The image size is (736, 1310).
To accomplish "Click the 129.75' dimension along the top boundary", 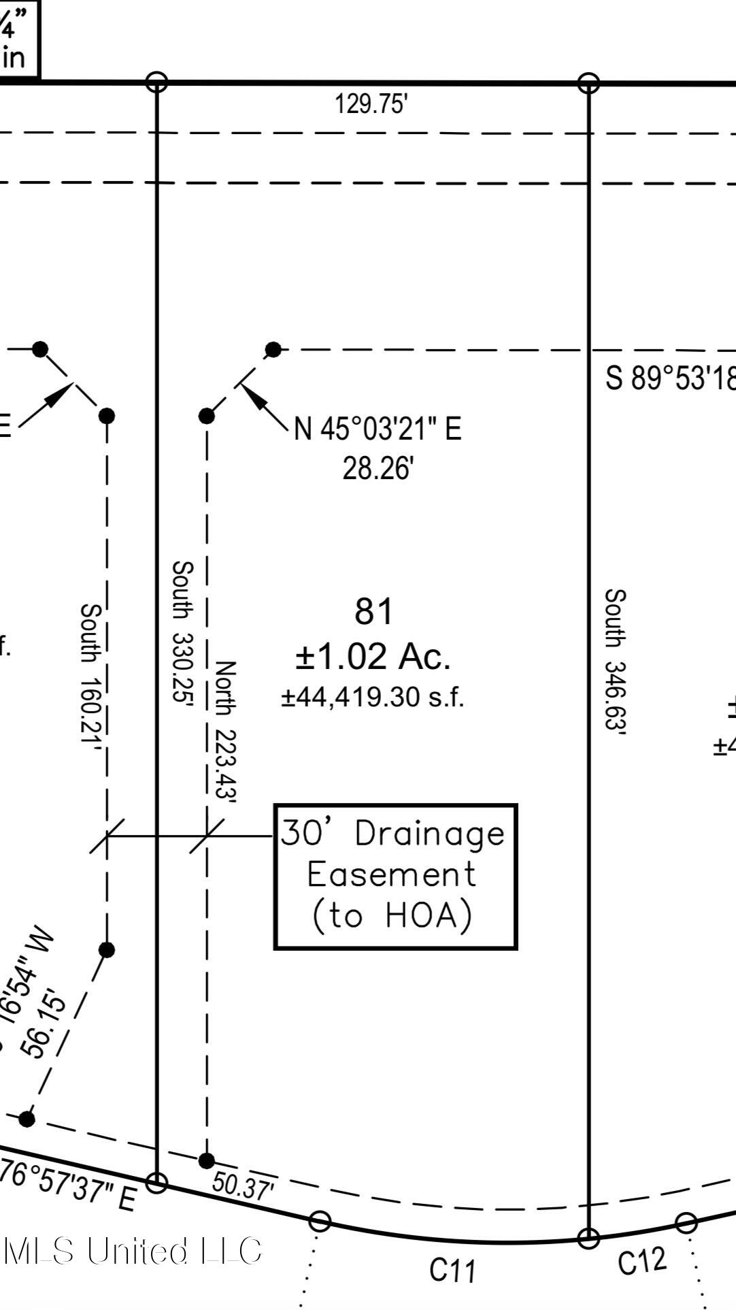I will coord(371,105).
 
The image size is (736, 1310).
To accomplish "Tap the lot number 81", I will coord(373,611).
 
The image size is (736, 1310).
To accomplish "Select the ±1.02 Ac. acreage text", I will coord(373,655).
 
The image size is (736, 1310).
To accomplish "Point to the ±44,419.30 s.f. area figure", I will coord(373,697).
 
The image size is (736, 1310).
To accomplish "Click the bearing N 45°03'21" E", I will coord(378,429).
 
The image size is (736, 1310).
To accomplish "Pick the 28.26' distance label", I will coord(378,469).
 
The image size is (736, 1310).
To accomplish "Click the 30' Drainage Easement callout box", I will coord(395,876).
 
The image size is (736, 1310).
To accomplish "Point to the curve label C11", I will coord(453,1270).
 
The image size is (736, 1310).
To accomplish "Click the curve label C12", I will coord(642,1261).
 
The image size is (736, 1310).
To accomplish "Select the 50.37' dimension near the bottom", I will coord(243,1185).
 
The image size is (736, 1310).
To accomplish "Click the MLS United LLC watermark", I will coord(133,1251).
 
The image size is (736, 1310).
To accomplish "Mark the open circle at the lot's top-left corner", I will coord(156,82).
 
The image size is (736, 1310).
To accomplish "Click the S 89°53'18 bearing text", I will coord(670,378).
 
